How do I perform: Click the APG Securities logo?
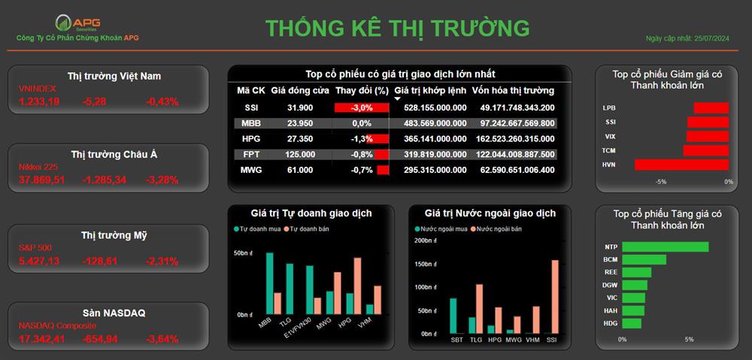click(x=77, y=23)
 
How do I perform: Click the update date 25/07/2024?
click(x=711, y=38)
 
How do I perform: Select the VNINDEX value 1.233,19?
click(x=39, y=101)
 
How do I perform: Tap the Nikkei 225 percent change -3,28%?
click(x=162, y=180)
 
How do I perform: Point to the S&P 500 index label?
click(x=35, y=248)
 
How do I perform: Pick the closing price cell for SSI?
click(x=300, y=108)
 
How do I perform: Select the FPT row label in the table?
click(x=251, y=154)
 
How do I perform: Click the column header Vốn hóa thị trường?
click(x=513, y=90)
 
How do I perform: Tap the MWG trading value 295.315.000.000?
click(x=435, y=170)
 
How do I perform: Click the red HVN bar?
click(x=681, y=165)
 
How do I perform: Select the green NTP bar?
click(x=666, y=247)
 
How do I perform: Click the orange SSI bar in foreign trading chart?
click(x=556, y=297)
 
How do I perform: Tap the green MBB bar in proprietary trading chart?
click(x=269, y=283)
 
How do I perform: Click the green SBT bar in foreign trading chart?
click(x=453, y=316)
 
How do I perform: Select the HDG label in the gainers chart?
click(x=610, y=323)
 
